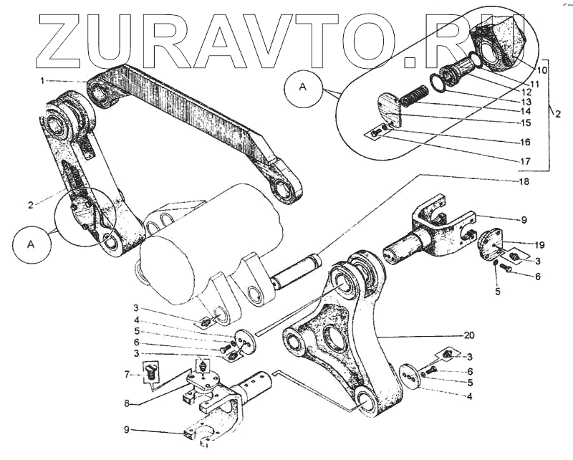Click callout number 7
pos(126,374)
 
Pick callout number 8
pos(126,403)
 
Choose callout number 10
pos(541,70)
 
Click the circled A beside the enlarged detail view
pos(302,88)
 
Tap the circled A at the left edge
pos(31,244)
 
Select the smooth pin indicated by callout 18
pos(294,272)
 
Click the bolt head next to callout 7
pos(151,371)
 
